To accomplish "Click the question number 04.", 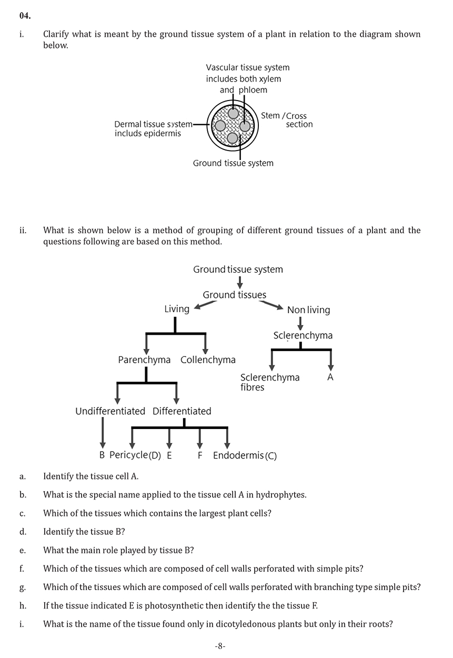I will (x=25, y=16).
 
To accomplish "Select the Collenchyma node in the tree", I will (x=208, y=360).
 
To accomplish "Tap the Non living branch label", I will (x=308, y=310).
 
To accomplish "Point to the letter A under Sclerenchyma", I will (x=330, y=377).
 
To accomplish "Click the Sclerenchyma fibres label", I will (x=269, y=382).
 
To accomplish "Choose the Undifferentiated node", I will (x=110, y=411).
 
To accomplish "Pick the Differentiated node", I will (x=182, y=411).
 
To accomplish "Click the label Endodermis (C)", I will (x=245, y=456).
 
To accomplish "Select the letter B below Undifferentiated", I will (x=102, y=455).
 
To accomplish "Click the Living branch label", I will (x=177, y=309).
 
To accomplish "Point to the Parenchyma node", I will (x=144, y=360).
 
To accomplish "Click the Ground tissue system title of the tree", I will (x=238, y=270).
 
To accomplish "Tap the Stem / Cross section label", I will (x=287, y=120).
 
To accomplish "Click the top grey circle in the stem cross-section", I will (x=234, y=113).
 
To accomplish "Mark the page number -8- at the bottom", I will (x=220, y=646).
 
